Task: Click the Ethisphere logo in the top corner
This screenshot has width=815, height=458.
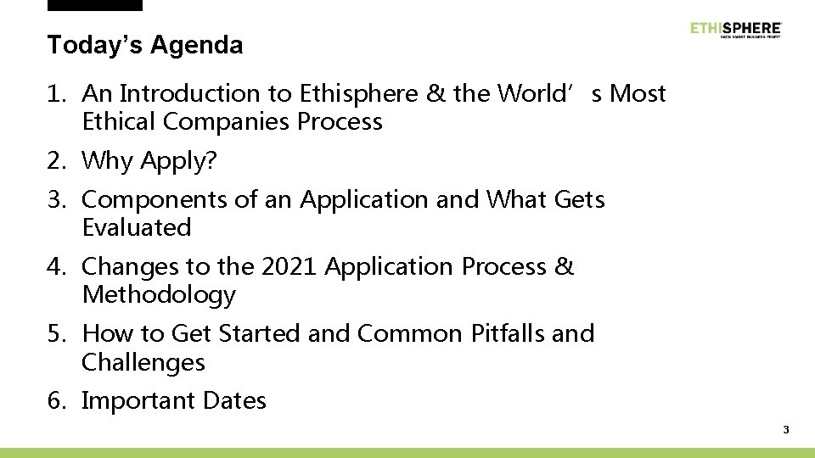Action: (736, 29)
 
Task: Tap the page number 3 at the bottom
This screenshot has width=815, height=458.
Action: (786, 430)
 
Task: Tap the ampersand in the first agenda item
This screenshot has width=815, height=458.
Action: (437, 94)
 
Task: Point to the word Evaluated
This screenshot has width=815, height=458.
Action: (137, 228)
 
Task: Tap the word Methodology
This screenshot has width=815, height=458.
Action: (159, 296)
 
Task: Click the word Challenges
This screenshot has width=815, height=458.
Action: (143, 363)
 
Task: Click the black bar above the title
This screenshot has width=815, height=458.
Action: (95, 5)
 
